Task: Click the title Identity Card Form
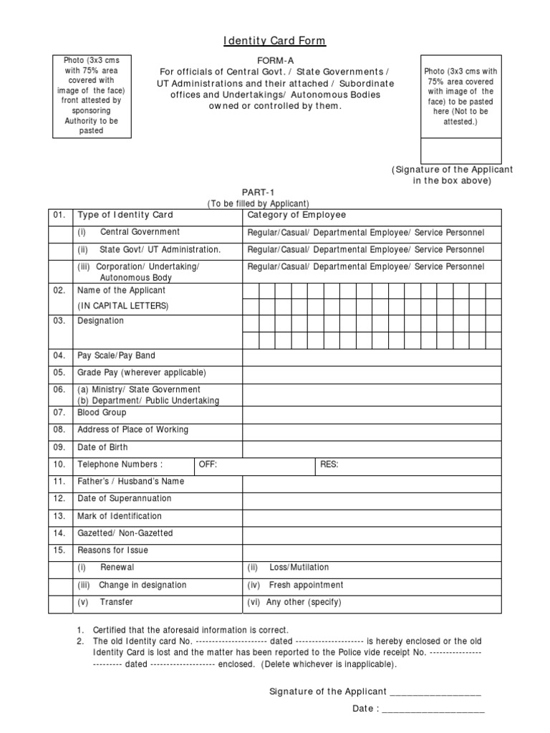coord(275,41)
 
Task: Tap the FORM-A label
coord(275,62)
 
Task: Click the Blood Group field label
coord(102,413)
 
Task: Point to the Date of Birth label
coord(102,447)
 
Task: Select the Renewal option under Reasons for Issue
coord(117,568)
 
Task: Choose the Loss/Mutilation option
coord(299,568)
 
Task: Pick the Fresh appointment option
coord(306,585)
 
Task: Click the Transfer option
coord(116,602)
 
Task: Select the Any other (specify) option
coord(304,602)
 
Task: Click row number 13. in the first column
coord(59,516)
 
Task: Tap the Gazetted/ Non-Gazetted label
coord(125,533)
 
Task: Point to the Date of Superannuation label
coord(125,499)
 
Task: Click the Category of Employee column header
coord(296,215)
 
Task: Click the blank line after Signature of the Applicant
coord(435,692)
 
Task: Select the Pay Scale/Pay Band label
coord(116,356)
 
